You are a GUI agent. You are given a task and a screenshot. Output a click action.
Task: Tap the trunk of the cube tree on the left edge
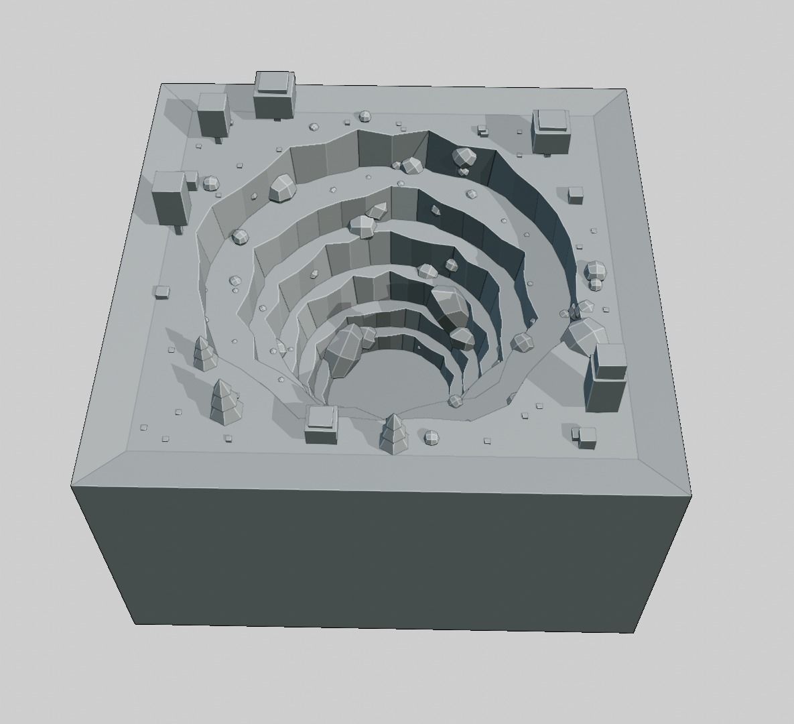(x=178, y=229)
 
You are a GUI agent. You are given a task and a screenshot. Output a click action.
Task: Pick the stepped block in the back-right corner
(x=552, y=131)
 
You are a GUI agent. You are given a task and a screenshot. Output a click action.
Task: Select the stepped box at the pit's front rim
(x=321, y=425)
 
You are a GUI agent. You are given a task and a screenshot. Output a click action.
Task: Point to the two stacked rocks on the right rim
(x=595, y=275)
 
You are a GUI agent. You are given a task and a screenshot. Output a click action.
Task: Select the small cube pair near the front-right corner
(x=585, y=436)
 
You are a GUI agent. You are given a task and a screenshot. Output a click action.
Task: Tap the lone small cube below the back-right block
(x=576, y=195)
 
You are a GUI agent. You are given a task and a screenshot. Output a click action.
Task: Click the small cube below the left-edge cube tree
(x=161, y=292)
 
